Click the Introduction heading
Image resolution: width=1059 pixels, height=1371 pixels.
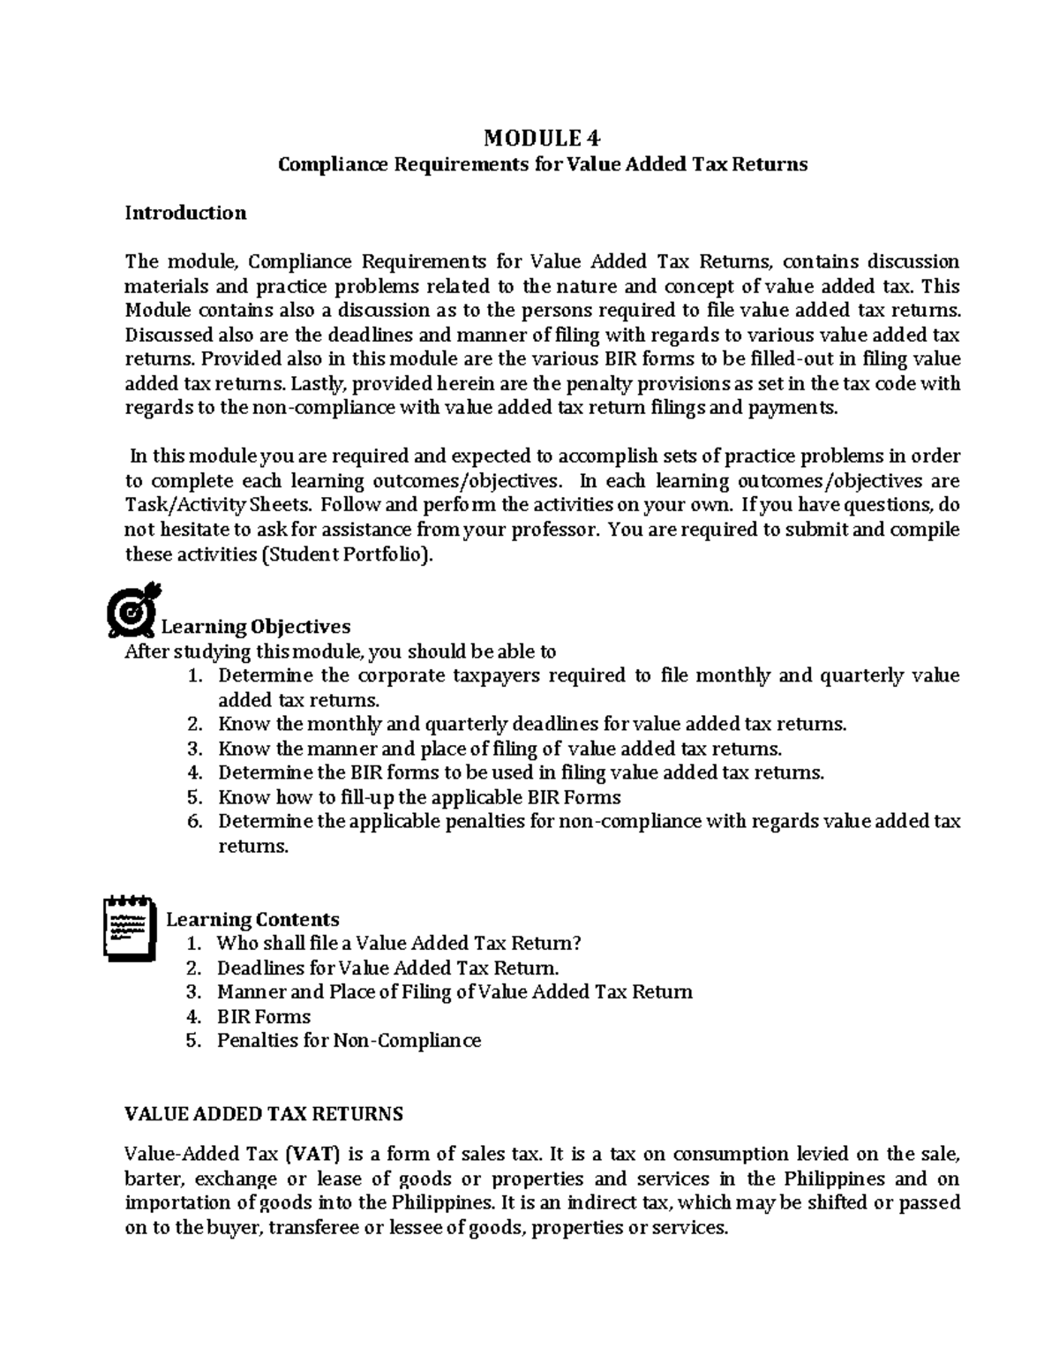(x=185, y=213)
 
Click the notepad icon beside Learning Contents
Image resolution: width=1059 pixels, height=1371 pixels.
(x=131, y=927)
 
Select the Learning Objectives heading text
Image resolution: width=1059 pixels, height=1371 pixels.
(x=256, y=627)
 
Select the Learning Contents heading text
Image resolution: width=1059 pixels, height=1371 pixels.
(x=252, y=919)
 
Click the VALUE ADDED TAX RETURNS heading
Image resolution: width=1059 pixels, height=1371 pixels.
(x=264, y=1113)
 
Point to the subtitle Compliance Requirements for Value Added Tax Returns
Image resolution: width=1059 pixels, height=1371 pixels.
(x=543, y=165)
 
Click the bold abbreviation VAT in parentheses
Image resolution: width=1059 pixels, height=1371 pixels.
(x=314, y=1154)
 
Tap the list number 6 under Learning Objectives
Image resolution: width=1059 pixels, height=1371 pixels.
(x=195, y=822)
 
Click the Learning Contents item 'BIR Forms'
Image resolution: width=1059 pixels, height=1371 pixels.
(x=264, y=1016)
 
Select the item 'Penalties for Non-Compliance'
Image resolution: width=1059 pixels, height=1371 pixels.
(x=349, y=1041)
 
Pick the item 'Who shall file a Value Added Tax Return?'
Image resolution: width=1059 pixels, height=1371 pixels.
(x=400, y=944)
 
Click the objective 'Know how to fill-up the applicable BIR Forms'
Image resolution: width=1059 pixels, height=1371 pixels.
(x=419, y=798)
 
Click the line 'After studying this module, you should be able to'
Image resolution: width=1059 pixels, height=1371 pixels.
(x=341, y=652)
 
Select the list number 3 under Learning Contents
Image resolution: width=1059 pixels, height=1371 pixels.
(x=195, y=992)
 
